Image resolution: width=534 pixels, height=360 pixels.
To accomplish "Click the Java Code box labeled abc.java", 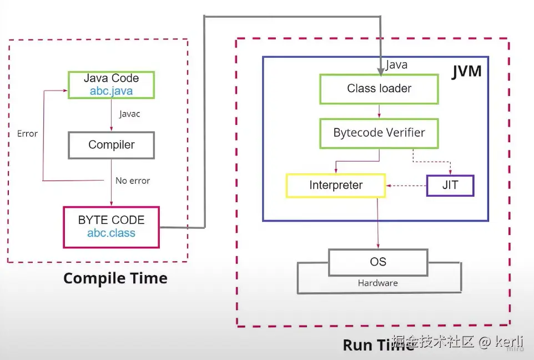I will tap(111, 84).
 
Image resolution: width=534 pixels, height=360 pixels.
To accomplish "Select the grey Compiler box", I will tap(111, 145).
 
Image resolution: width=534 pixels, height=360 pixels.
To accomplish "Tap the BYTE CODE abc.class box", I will tap(111, 227).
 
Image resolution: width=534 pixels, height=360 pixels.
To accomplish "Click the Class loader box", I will tap(379, 89).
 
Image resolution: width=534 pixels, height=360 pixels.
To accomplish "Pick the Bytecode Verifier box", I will tap(379, 133).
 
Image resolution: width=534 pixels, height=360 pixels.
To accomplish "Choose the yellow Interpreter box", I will tap(335, 186).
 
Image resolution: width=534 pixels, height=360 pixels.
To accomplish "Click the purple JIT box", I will tap(450, 186).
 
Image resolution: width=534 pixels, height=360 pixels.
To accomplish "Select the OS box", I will tap(378, 262).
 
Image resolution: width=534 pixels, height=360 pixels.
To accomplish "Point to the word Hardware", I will tap(378, 283).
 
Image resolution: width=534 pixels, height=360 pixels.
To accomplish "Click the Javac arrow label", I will tap(130, 114).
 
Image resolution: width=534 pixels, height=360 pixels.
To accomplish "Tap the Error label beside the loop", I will tap(27, 134).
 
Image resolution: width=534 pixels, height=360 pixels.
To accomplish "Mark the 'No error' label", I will tap(133, 181).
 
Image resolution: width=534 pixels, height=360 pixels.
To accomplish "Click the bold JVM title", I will tap(466, 72).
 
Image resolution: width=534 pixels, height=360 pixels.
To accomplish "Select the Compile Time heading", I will tap(115, 278).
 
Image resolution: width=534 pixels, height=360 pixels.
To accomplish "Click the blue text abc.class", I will tap(111, 233).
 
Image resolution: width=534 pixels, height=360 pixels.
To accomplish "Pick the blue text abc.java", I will tap(111, 91).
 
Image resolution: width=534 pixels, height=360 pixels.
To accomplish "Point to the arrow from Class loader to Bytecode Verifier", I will tap(379, 111).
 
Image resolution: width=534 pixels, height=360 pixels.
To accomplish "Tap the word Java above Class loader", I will tap(396, 65).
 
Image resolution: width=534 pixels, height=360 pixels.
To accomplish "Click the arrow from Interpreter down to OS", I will tap(378, 222).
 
